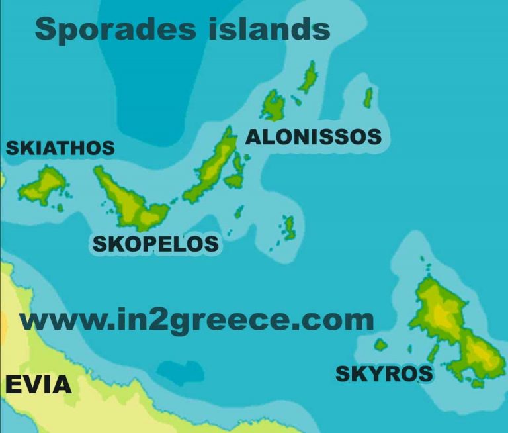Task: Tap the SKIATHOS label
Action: pyautogui.click(x=60, y=148)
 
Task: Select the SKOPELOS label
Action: pyautogui.click(x=155, y=244)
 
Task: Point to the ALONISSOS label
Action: pyautogui.click(x=314, y=137)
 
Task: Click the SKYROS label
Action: pyautogui.click(x=384, y=373)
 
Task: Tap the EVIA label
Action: pyautogui.click(x=38, y=385)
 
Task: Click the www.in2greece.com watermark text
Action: pyautogui.click(x=196, y=320)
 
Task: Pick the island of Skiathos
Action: pyautogui.click(x=43, y=185)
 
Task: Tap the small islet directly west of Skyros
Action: pyautogui.click(x=380, y=345)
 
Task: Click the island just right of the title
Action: pyautogui.click(x=308, y=78)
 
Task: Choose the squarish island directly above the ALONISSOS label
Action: pyautogui.click(x=273, y=105)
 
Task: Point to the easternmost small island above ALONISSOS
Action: pyautogui.click(x=368, y=98)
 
